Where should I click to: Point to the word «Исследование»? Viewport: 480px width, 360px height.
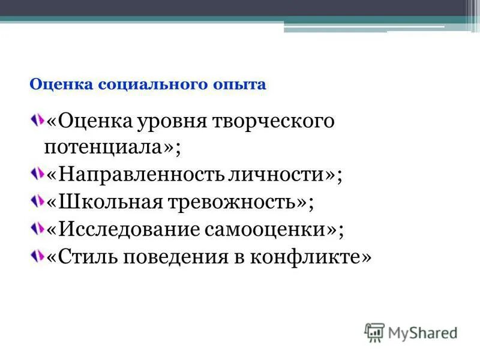point(122,229)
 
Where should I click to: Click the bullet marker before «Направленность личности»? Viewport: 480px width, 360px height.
point(37,173)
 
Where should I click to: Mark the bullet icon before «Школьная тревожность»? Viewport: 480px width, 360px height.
point(37,200)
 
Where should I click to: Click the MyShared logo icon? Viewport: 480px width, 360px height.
point(374,332)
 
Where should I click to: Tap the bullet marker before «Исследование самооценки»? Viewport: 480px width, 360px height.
point(37,227)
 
